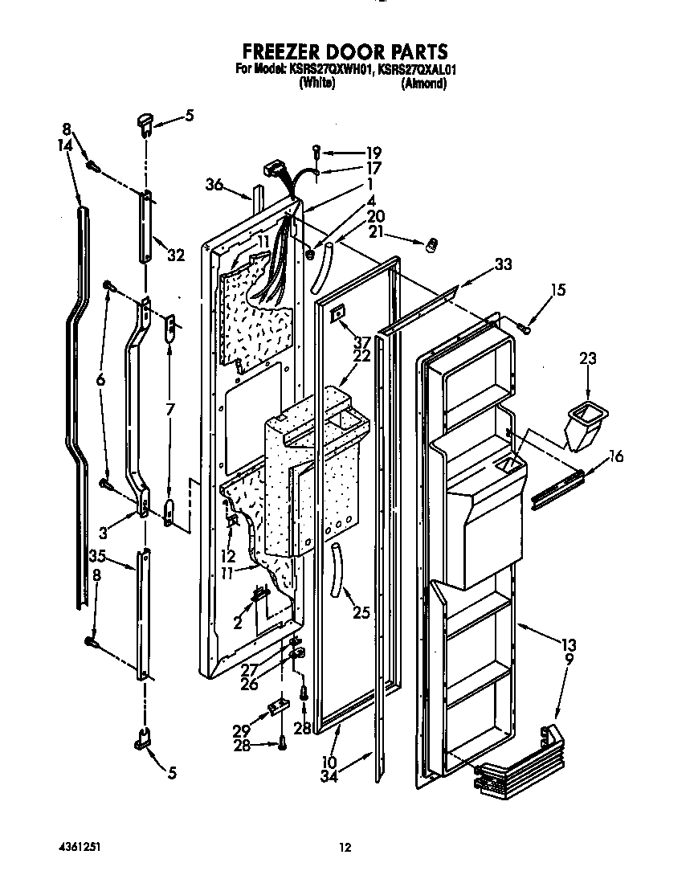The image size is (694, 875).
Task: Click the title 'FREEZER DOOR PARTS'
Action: (x=346, y=53)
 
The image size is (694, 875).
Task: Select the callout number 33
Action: (x=503, y=263)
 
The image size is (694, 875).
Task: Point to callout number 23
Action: (x=589, y=359)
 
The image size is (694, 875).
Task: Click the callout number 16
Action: (x=615, y=457)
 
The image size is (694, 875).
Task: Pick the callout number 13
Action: (x=569, y=643)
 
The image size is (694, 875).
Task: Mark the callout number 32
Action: (x=176, y=256)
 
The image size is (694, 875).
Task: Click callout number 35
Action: (x=98, y=555)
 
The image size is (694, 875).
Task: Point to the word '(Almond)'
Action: (x=423, y=83)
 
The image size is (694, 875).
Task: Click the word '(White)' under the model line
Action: (x=316, y=83)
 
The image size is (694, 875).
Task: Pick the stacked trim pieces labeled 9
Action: (x=514, y=759)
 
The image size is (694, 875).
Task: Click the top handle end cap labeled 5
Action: (x=145, y=122)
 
